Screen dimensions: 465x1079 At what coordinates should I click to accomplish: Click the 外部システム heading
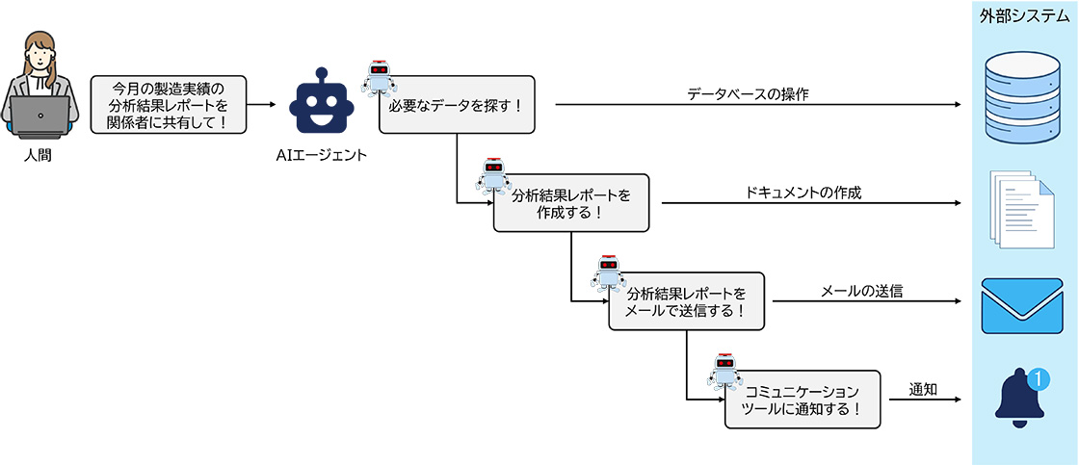1025,16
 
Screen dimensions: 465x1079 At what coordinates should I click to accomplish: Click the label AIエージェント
322,154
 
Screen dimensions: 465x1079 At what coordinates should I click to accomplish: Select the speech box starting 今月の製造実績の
168,105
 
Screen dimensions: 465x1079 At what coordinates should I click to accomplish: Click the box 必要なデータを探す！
456,105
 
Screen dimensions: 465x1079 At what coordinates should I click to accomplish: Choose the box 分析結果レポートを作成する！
571,203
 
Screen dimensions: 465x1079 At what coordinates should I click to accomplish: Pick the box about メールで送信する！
686,301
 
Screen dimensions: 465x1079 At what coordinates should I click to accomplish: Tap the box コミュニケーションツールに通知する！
803,400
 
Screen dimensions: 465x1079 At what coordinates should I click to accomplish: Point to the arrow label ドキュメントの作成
803,193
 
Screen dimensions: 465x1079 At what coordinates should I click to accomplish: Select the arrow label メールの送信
861,291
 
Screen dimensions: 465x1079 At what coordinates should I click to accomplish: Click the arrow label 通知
924,389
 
